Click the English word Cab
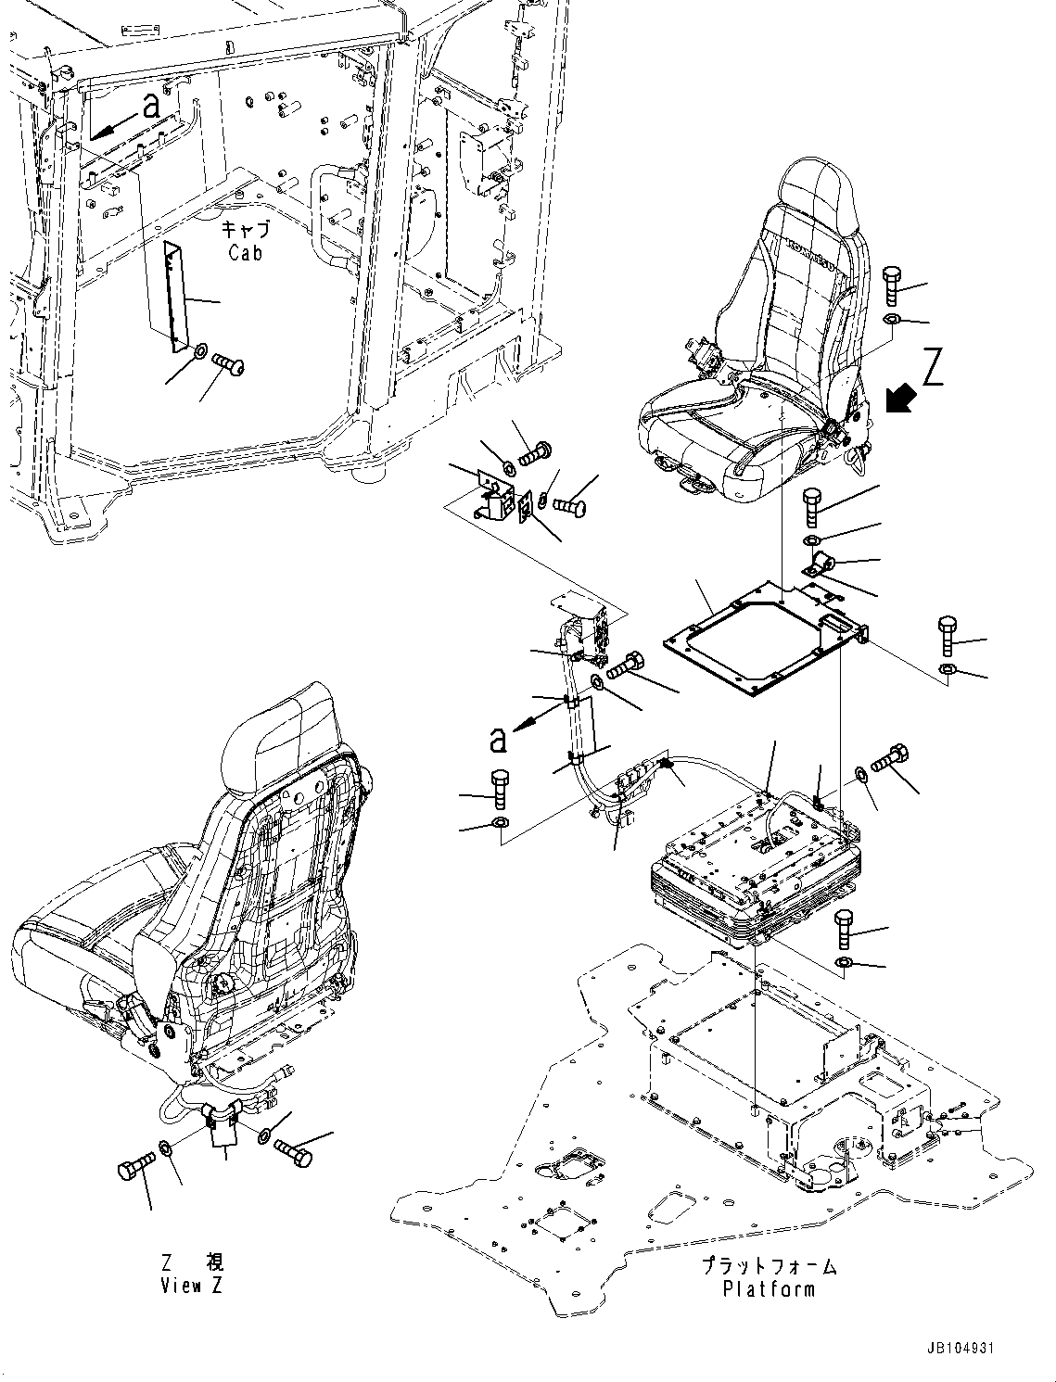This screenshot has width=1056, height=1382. [x=245, y=251]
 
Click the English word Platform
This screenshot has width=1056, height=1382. [x=769, y=1288]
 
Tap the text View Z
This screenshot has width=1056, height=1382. [x=192, y=1286]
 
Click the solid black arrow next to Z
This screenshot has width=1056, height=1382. [x=901, y=399]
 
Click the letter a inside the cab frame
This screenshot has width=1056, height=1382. [x=151, y=107]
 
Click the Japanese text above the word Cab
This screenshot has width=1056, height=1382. [x=245, y=230]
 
